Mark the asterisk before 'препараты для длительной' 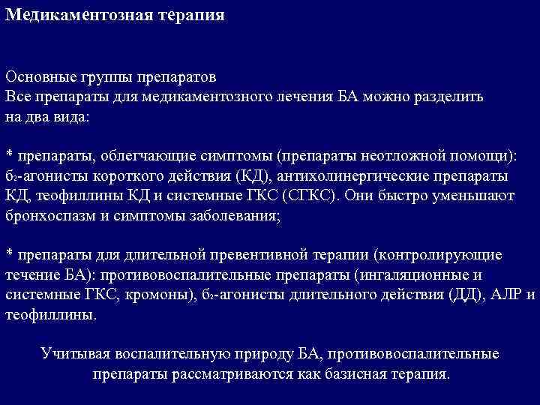click(x=9, y=253)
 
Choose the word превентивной click(x=279, y=254)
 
